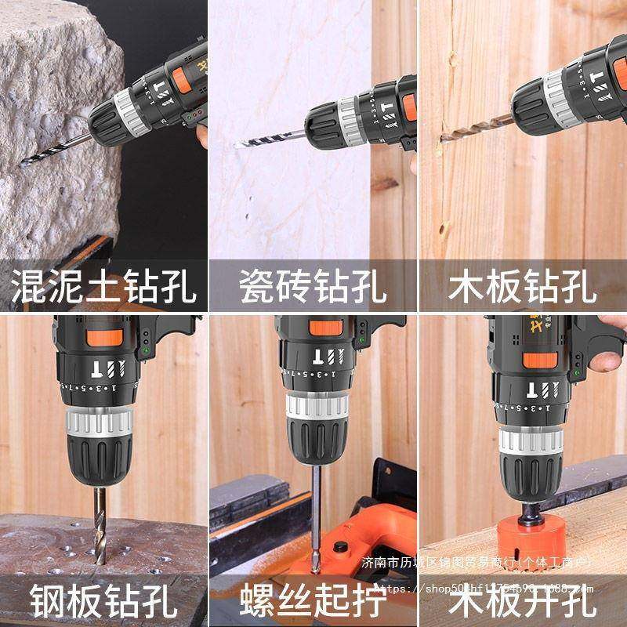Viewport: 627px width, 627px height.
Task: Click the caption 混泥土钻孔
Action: click(103, 287)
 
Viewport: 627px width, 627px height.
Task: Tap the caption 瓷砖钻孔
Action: click(313, 287)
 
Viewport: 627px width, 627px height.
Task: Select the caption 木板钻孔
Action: click(523, 287)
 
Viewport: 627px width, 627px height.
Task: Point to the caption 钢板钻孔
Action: click(103, 601)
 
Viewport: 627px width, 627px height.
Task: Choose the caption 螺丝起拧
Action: click(313, 601)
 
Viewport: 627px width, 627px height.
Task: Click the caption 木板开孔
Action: click(523, 601)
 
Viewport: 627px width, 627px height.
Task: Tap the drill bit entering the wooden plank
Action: click(470, 133)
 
